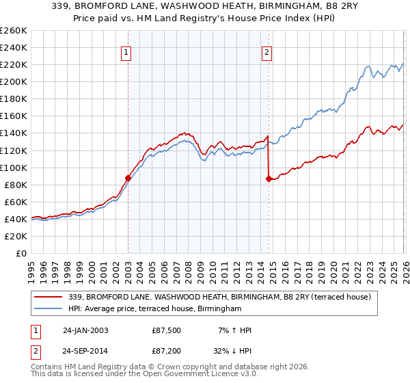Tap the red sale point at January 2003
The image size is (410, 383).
click(128, 178)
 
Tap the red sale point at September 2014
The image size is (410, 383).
click(268, 179)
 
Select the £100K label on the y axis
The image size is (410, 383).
click(14, 168)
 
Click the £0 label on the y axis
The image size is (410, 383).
click(22, 253)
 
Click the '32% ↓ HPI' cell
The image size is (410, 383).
click(231, 352)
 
